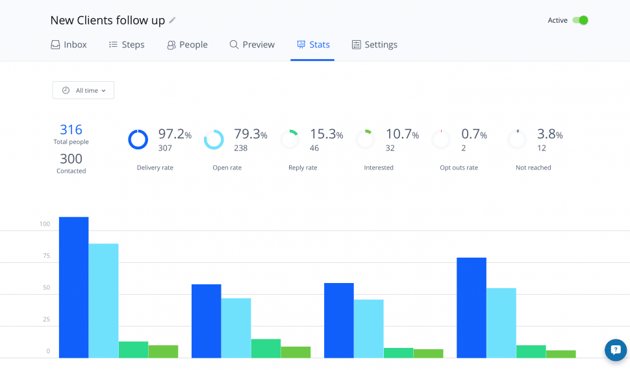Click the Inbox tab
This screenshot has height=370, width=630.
point(69,45)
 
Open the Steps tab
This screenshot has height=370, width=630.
point(127,45)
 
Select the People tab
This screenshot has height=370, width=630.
point(187,45)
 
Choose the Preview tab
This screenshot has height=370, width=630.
point(252,45)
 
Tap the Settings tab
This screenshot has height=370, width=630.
point(375,45)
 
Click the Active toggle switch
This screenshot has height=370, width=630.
point(580,20)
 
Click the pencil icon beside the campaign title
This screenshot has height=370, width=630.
point(172,20)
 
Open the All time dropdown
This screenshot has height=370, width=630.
point(83,90)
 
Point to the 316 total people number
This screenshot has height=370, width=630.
point(71,130)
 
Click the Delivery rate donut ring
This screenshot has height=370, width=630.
point(138,140)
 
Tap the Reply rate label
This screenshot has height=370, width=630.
point(303,167)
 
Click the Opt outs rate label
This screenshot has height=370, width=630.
point(459,167)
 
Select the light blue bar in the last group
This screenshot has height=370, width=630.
point(501,323)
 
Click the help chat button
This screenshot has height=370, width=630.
point(616,350)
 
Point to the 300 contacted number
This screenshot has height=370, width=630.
point(71,159)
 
